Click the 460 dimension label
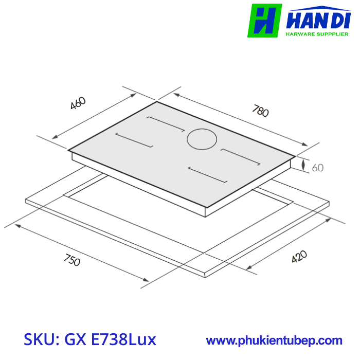point(78,103)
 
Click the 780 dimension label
point(260,111)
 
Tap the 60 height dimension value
point(318,168)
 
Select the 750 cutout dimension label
point(71,260)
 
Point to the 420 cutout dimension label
point(299,257)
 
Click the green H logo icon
point(264,21)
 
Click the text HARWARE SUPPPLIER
point(317,34)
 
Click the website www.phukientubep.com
point(274,340)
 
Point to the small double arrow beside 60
point(304,166)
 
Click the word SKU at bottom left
point(41,339)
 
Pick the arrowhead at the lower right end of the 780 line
point(308,146)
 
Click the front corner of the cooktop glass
point(207,207)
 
